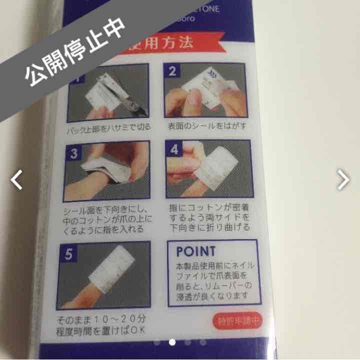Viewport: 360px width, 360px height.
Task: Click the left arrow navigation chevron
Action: [x=17, y=179]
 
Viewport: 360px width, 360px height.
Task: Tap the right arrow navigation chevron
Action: [x=343, y=179]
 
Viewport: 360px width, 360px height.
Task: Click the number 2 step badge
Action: [x=172, y=71]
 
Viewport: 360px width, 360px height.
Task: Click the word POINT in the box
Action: [x=195, y=251]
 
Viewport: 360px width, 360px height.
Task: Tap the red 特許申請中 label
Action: [x=239, y=321]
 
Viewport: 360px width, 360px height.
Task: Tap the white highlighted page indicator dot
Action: [x=172, y=342]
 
